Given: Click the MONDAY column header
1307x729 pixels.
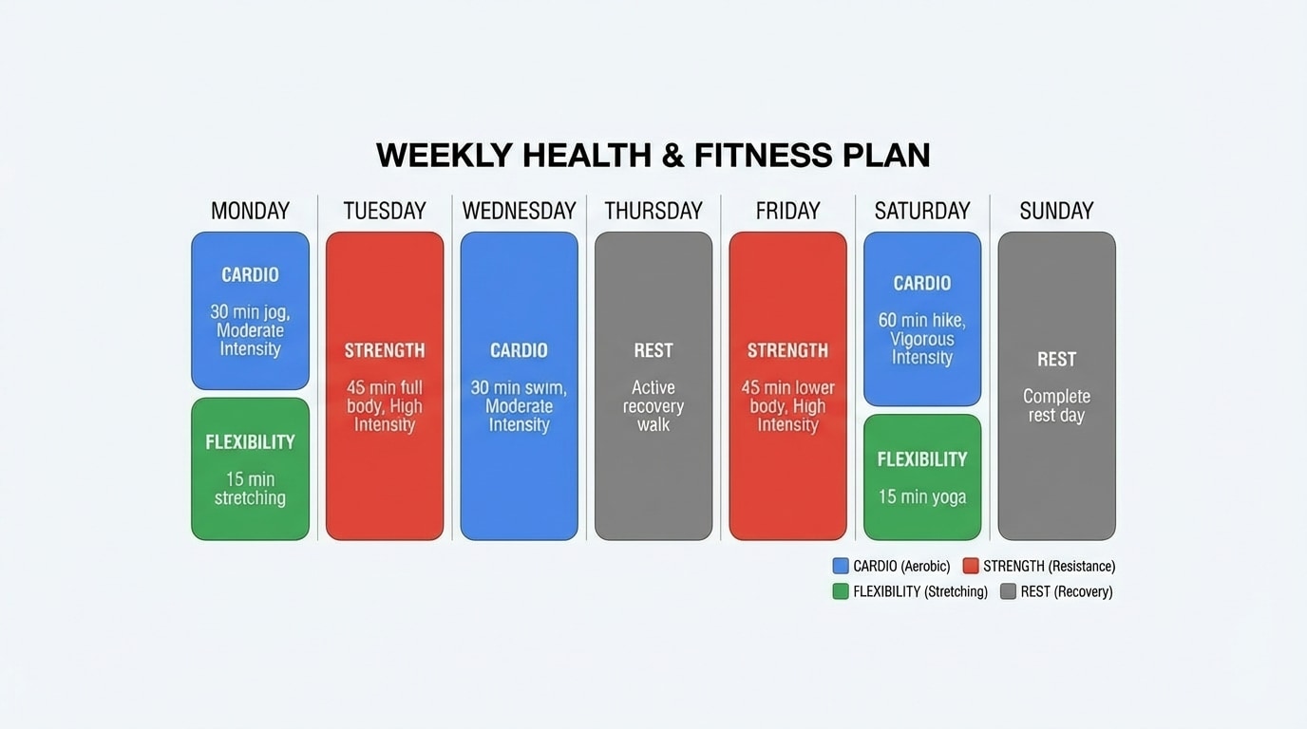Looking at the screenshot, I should tap(250, 211).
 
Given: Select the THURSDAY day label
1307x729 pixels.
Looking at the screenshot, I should tap(653, 211).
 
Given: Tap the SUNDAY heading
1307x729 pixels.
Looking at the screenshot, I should tap(1056, 211).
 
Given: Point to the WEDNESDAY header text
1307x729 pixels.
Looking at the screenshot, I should tap(519, 211).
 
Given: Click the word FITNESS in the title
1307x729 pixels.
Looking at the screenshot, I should tap(763, 156).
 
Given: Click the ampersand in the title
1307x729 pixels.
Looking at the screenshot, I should tap(672, 156).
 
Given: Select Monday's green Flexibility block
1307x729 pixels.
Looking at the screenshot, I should tap(250, 469).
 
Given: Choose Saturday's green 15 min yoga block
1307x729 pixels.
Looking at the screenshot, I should tap(921, 477).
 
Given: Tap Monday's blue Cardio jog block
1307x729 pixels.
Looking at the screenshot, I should tap(250, 310).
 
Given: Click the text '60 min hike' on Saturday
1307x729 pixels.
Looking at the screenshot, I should tap(921, 321).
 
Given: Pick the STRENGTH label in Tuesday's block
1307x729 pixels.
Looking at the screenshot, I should tap(385, 350).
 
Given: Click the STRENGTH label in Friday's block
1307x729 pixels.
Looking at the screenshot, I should tap(787, 350).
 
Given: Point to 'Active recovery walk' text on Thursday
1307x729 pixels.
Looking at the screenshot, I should tap(653, 405).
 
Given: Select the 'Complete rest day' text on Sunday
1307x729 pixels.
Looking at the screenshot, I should tap(1056, 405).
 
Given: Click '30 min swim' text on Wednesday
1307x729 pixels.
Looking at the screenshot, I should tap(519, 388).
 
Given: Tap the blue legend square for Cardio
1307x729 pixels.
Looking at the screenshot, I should tap(841, 566).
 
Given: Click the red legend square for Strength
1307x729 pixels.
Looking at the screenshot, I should tap(970, 566).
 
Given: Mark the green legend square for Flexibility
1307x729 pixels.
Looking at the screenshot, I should tap(841, 591).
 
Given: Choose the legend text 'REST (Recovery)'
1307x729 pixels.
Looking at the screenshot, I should tap(1067, 591).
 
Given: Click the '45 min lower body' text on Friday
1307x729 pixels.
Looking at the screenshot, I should tap(787, 397).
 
